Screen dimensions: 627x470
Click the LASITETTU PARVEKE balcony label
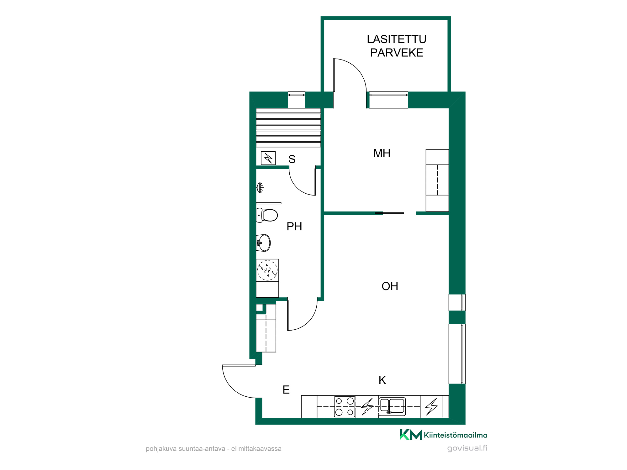(397, 46)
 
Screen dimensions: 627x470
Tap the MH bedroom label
(382, 154)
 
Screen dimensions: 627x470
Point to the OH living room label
(390, 286)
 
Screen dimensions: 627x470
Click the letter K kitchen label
(382, 380)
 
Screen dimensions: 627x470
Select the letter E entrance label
(286, 390)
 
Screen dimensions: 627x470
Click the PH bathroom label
(294, 227)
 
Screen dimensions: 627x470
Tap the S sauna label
(292, 159)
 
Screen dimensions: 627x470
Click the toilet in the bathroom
(267, 215)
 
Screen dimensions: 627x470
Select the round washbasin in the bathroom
(263, 243)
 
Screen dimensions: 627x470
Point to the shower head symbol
(260, 188)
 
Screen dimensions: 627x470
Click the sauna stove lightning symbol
(268, 158)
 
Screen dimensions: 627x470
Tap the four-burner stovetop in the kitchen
(345, 407)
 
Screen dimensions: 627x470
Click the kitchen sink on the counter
(392, 406)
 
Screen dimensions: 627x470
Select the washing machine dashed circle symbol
(267, 270)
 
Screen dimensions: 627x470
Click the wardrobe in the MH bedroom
(437, 180)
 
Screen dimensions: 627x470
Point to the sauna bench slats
(288, 128)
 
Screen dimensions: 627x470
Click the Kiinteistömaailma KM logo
(443, 435)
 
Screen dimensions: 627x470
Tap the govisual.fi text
(467, 448)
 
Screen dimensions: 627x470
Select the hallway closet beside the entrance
(266, 328)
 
